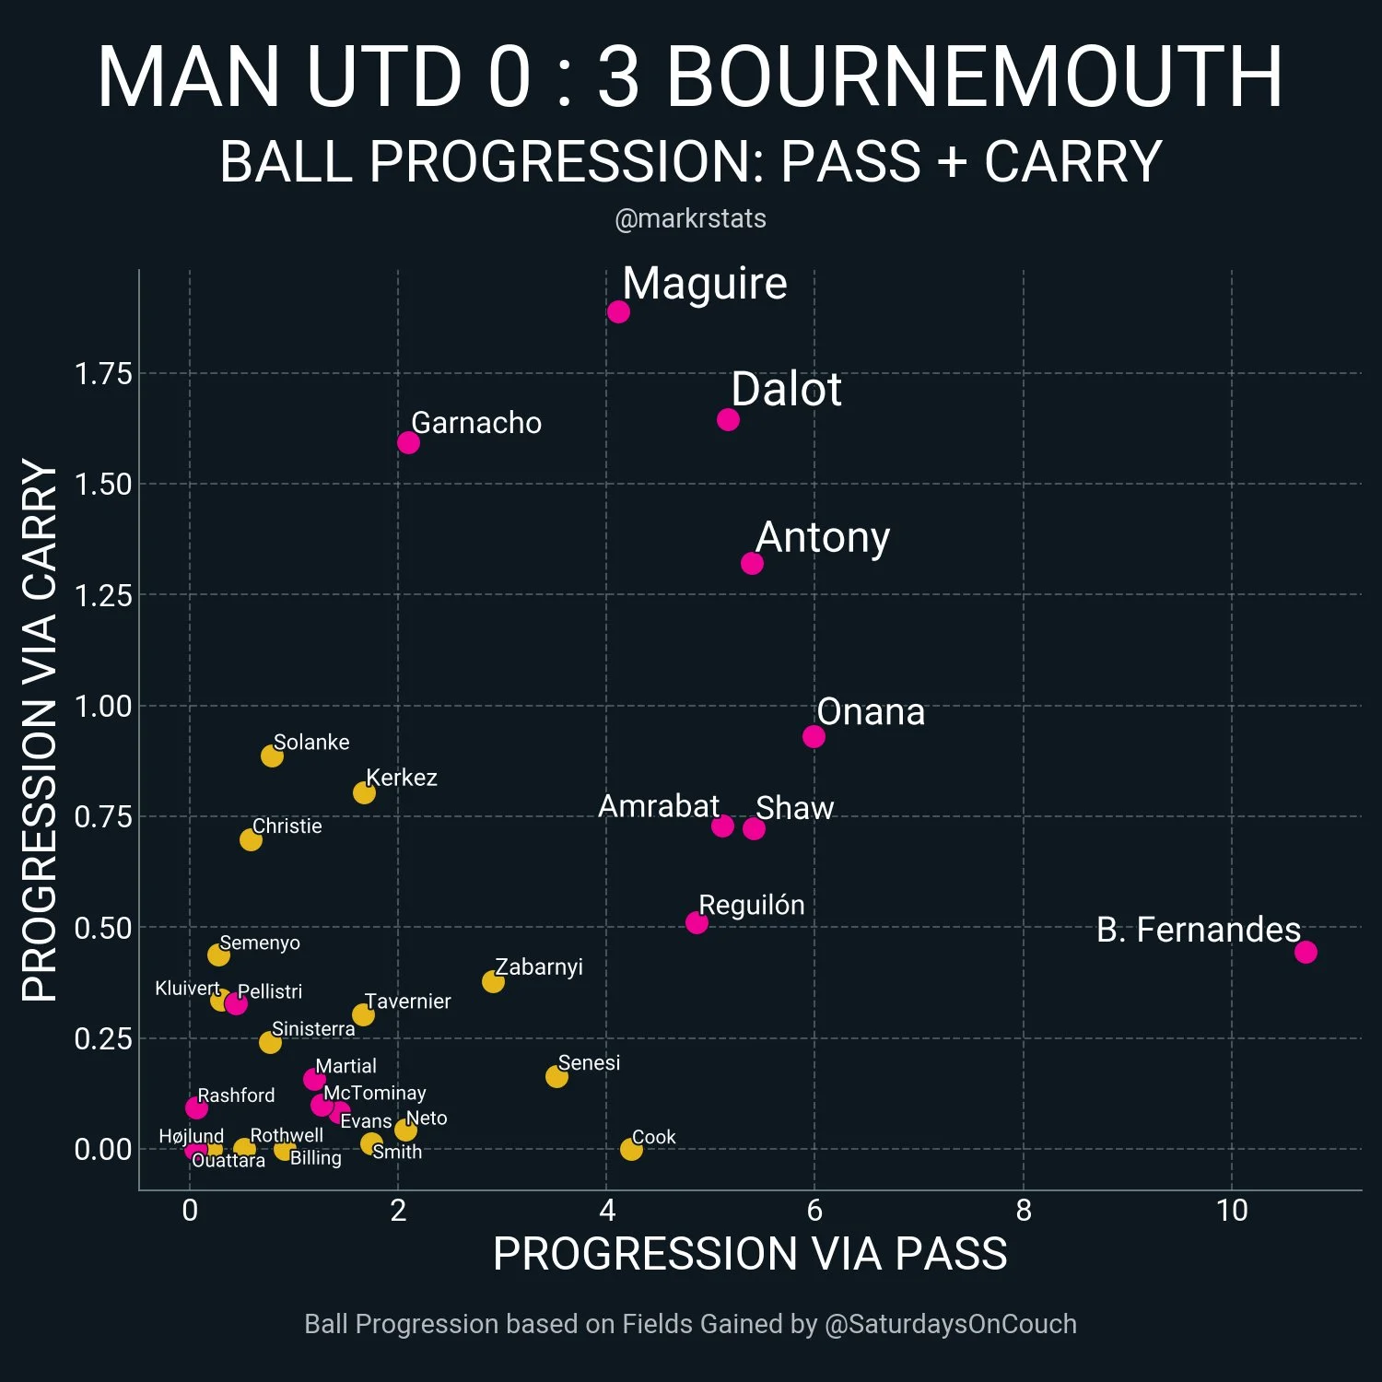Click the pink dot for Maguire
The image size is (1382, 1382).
pos(618,311)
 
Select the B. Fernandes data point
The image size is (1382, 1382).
pos(1305,952)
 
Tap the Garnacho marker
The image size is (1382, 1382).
pos(408,442)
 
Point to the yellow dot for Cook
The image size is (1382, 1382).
pos(631,1149)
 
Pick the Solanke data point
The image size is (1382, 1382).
pos(272,755)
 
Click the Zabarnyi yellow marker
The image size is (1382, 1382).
pos(493,981)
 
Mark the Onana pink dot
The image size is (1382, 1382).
pos(814,736)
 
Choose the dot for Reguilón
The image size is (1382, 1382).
pos(697,922)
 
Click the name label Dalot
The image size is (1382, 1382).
pos(786,390)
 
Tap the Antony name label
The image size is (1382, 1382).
pos(823,537)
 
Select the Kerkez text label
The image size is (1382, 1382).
pos(402,778)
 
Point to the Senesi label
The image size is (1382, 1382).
pos(589,1062)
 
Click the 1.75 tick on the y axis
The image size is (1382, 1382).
pos(103,374)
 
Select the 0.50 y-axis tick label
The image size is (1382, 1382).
pos(103,928)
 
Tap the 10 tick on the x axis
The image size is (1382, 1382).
pos(1232,1210)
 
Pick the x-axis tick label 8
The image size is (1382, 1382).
pos(1024,1210)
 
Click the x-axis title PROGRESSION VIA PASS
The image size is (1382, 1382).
pos(750,1254)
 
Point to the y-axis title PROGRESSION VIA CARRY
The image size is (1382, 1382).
pos(40,730)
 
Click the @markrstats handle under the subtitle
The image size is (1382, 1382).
pos(690,218)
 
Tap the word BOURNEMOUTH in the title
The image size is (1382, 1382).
pos(974,76)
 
